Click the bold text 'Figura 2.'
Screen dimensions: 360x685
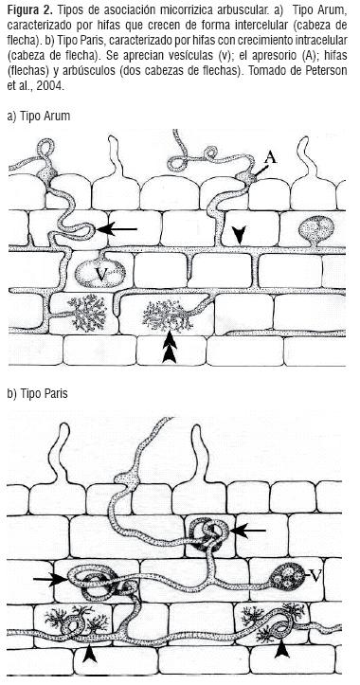coord(29,10)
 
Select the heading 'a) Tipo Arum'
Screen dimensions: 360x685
coord(39,117)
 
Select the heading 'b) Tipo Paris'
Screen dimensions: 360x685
coord(38,393)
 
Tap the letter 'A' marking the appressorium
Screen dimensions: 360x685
coord(271,157)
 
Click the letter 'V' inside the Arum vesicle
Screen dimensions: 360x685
coord(101,274)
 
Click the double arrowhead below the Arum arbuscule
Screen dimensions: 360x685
coord(169,348)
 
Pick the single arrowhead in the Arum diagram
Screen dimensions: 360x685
coord(238,236)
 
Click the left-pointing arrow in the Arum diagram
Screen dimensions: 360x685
coord(117,228)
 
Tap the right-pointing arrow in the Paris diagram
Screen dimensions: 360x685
coord(50,580)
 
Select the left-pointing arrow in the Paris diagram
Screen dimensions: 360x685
coord(248,531)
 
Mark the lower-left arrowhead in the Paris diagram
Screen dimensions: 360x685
coord(90,654)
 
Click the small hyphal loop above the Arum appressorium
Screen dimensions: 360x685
coord(210,153)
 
